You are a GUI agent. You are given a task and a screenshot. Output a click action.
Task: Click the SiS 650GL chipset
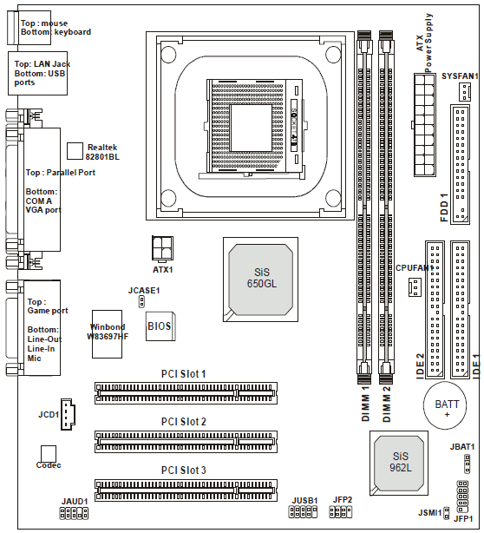(x=260, y=280)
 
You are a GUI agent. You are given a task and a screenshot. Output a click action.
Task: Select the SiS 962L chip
(x=399, y=463)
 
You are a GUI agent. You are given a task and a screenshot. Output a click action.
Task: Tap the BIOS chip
(x=160, y=326)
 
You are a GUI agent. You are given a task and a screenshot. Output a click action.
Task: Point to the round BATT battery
(x=445, y=405)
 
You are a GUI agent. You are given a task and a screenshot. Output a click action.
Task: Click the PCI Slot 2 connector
(x=186, y=442)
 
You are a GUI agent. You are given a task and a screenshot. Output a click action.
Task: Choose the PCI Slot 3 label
(x=183, y=470)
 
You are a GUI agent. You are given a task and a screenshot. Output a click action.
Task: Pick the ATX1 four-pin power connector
(x=162, y=249)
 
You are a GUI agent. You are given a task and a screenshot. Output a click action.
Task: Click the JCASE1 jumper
(x=141, y=301)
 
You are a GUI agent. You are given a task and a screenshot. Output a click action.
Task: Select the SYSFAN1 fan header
(x=464, y=92)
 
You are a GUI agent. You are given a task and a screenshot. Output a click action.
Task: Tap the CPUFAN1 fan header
(x=415, y=286)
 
